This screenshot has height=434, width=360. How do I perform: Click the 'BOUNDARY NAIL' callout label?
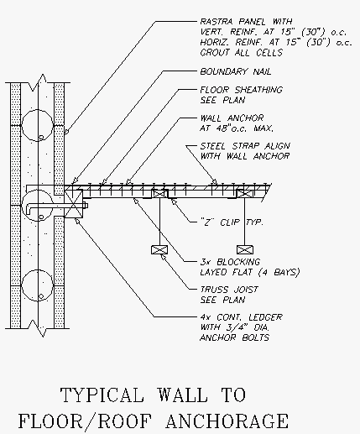[x=236, y=71]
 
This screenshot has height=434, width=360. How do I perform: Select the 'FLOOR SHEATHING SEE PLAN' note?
[x=241, y=95]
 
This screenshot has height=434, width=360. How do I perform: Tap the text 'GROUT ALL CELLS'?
[x=241, y=52]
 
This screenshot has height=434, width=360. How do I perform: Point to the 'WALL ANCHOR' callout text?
[x=232, y=118]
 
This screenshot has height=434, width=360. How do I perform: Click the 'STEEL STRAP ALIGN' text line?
[x=245, y=146]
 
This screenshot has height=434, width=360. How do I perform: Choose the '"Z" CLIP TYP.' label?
[x=232, y=222]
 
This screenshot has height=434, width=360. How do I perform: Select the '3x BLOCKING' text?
[x=230, y=262]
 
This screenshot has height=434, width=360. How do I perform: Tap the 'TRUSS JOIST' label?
[x=229, y=290]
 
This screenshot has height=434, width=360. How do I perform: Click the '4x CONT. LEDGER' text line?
[x=241, y=317]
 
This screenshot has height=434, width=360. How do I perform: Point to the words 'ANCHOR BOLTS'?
[x=234, y=337]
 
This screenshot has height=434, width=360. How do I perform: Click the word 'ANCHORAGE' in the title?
[x=227, y=421]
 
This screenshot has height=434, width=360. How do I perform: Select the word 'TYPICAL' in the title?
[x=102, y=395]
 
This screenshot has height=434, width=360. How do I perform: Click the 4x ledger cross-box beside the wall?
[x=74, y=203]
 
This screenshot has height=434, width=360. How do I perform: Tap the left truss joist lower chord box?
[x=159, y=249]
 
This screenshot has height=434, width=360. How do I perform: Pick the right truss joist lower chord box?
[x=245, y=249]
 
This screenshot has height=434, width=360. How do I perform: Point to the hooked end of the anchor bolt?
[x=29, y=209]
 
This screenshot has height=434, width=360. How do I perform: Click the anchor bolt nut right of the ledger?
[x=86, y=206]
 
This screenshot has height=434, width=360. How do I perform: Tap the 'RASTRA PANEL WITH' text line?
[x=246, y=22]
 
